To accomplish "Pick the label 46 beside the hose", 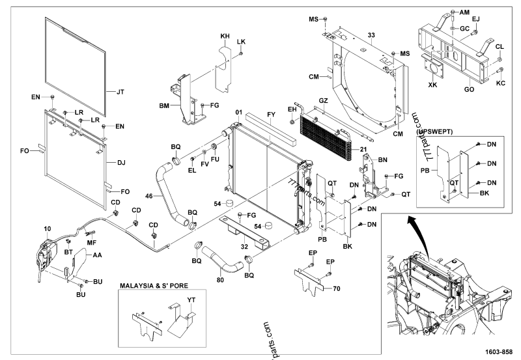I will pos(148,195).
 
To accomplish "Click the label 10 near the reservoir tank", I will pos(48,228).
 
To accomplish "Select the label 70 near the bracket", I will pos(337,287).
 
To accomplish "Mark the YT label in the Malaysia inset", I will pos(191,300).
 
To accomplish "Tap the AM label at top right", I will pos(464,12).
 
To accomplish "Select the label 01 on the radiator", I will pos(240,112).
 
